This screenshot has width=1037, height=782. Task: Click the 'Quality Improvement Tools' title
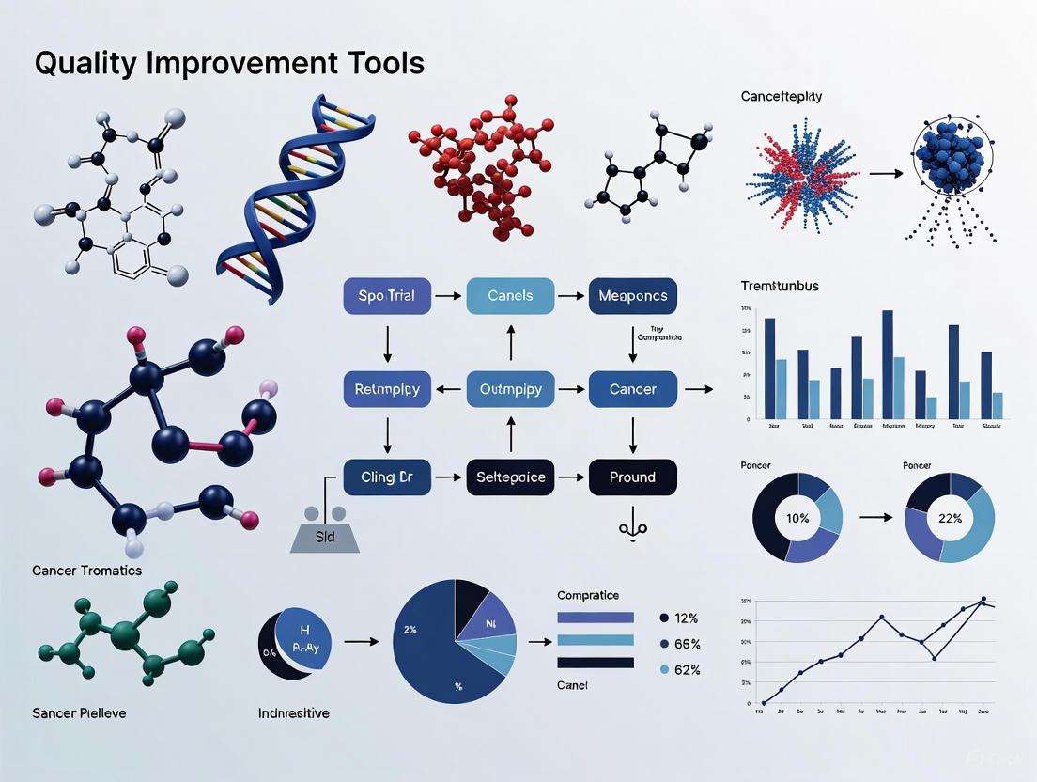coord(229,63)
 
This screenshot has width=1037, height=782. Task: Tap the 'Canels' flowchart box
coord(510,296)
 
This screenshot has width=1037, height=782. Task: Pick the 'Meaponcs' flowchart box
coord(632,296)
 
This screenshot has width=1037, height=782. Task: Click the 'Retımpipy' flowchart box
coord(387,388)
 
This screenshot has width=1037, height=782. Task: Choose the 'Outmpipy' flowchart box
coord(510,388)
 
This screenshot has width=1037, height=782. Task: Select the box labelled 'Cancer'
coord(632,388)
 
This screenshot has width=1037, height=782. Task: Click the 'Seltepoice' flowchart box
coord(510,477)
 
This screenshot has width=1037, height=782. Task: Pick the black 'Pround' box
coord(632,477)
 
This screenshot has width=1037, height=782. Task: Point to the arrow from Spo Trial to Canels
coord(448,296)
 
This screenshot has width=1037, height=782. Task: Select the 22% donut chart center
coord(950,517)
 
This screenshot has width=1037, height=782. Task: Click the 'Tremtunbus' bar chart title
coord(779,286)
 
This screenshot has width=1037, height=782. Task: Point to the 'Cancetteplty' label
coord(782,96)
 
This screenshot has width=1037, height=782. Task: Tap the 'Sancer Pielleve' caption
coord(79,712)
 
